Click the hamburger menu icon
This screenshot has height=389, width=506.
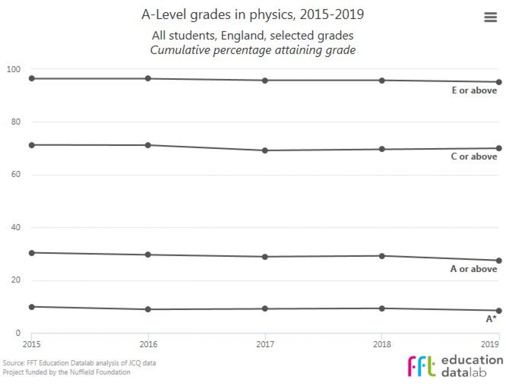(x=490, y=17)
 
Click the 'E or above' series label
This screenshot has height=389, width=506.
(x=474, y=90)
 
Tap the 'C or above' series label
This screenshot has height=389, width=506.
(x=474, y=156)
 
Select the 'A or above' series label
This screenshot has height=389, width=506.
(x=474, y=269)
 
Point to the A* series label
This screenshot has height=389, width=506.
(x=491, y=319)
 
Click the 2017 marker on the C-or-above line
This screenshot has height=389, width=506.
(x=265, y=150)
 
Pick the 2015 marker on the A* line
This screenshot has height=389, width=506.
(x=32, y=307)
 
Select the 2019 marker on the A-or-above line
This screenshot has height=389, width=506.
(x=499, y=261)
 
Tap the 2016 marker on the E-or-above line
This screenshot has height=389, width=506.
(x=148, y=78)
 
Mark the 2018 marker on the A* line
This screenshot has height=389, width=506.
(x=382, y=308)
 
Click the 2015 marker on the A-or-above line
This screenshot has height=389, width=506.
(x=32, y=253)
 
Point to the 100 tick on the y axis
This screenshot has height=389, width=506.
(x=13, y=69)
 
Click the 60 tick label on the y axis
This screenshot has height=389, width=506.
(x=16, y=174)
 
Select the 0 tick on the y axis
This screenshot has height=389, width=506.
(x=18, y=333)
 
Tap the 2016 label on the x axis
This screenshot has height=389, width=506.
(x=148, y=344)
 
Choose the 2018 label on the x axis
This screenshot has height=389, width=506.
(x=382, y=344)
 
